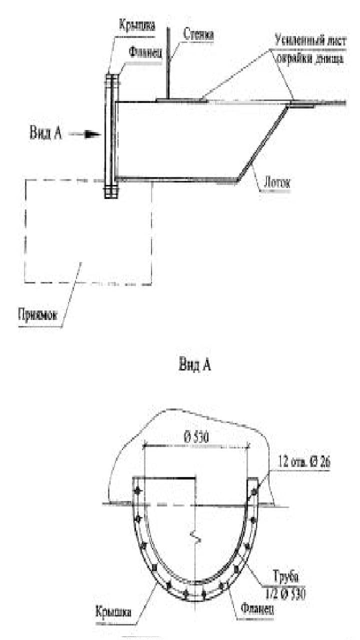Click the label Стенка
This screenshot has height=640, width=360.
pyautogui.click(x=199, y=34)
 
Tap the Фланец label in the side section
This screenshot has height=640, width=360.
pyautogui.click(x=145, y=52)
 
